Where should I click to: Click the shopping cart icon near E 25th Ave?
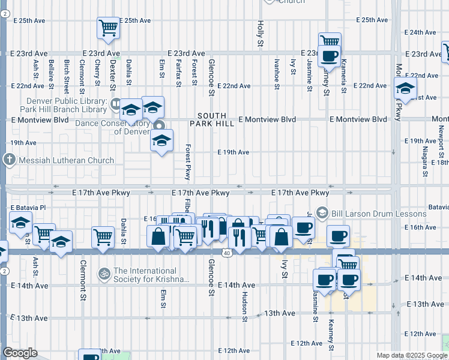[108, 27]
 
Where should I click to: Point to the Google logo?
[20, 353]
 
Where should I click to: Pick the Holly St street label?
[261, 34]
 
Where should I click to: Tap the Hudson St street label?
[245, 307]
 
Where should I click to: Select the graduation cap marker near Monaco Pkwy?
[406, 88]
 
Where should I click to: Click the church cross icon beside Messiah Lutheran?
[9, 160]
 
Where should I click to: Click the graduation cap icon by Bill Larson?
[322, 212]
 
